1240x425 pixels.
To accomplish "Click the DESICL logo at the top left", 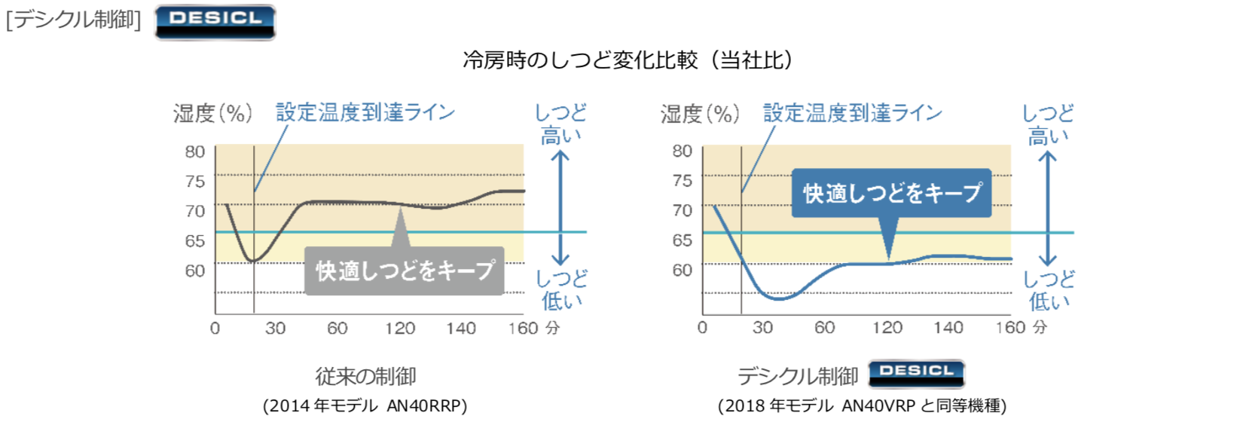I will pos(215,21).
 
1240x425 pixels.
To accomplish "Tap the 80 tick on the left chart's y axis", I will pos(195,151).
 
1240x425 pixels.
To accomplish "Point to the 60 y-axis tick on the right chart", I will pos(682,270).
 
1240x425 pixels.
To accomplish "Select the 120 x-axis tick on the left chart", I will pos(399,329).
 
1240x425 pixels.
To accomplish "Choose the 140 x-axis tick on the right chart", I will pos(948,328).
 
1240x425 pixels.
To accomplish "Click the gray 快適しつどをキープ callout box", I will pos(405,271).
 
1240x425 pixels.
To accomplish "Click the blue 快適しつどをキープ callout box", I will pos(891,193).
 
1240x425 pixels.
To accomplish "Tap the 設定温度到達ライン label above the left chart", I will pos(365,113).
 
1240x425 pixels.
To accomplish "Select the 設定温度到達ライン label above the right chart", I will pos(852,113).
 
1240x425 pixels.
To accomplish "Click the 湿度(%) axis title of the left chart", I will pos(212,113).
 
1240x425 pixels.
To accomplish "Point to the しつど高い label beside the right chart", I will pos(1047,125).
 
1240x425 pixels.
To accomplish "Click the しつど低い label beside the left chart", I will pos(561,290).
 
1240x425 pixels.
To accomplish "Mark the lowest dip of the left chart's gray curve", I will pos(253,261).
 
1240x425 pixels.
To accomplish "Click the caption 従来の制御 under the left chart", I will pos(365,375).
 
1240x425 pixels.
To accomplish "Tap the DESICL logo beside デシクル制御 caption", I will pos(916,373).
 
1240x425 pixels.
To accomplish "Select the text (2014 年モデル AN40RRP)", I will pos(365,406).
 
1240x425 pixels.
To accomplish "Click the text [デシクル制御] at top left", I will pos(74,20).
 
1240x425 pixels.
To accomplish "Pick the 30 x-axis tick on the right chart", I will pos(762,328).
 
